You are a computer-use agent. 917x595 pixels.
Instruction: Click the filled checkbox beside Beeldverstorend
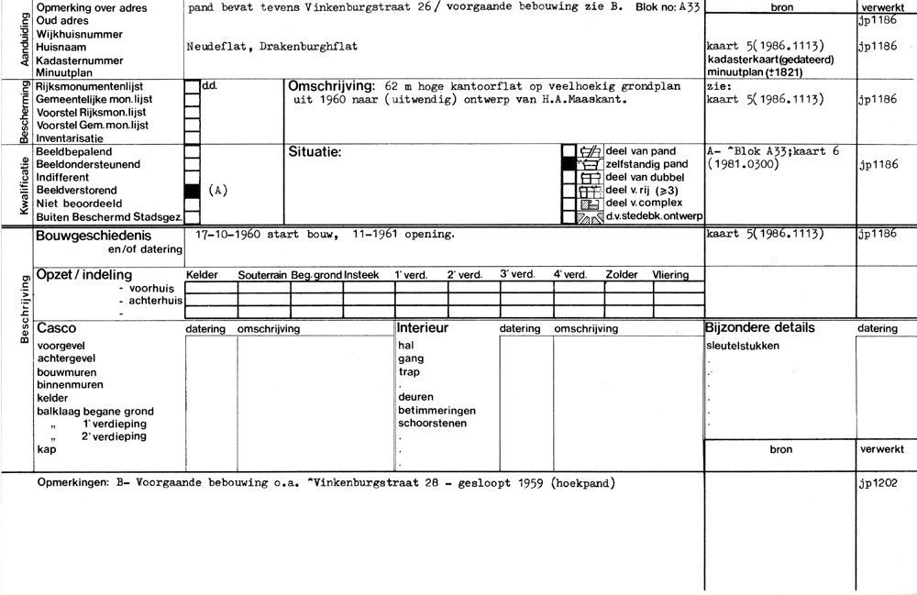pos(192,191)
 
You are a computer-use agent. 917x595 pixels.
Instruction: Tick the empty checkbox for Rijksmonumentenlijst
pos(192,87)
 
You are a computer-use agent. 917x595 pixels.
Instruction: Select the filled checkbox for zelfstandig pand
pos(569,163)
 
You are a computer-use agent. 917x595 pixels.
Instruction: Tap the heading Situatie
pos(315,151)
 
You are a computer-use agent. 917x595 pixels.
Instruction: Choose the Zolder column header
pos(621,274)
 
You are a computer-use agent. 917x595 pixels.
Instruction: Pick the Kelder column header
pos(202,274)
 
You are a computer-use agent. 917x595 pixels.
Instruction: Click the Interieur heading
pos(422,328)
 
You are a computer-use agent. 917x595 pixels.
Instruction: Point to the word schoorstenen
pos(433,424)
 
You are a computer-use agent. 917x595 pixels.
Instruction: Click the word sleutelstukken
pos(744,346)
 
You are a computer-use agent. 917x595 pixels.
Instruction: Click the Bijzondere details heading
pos(760,327)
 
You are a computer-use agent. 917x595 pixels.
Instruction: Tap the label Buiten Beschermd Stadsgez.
pos(106,217)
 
